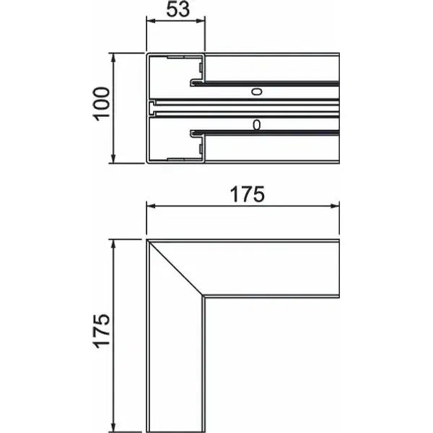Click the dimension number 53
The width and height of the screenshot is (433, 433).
click(178, 9)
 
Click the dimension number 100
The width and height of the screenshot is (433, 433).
click(101, 104)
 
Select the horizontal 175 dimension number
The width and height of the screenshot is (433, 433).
click(248, 194)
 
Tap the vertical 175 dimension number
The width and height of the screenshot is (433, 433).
click(101, 331)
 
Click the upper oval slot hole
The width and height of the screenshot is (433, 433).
click(256, 92)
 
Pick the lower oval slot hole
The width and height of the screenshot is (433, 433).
click(256, 125)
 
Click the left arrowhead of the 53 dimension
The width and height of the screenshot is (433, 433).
click(151, 21)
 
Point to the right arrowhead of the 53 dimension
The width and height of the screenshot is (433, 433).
click(201, 21)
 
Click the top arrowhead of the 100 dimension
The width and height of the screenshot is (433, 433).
click(113, 58)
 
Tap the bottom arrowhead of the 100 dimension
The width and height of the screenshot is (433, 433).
click(113, 159)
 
